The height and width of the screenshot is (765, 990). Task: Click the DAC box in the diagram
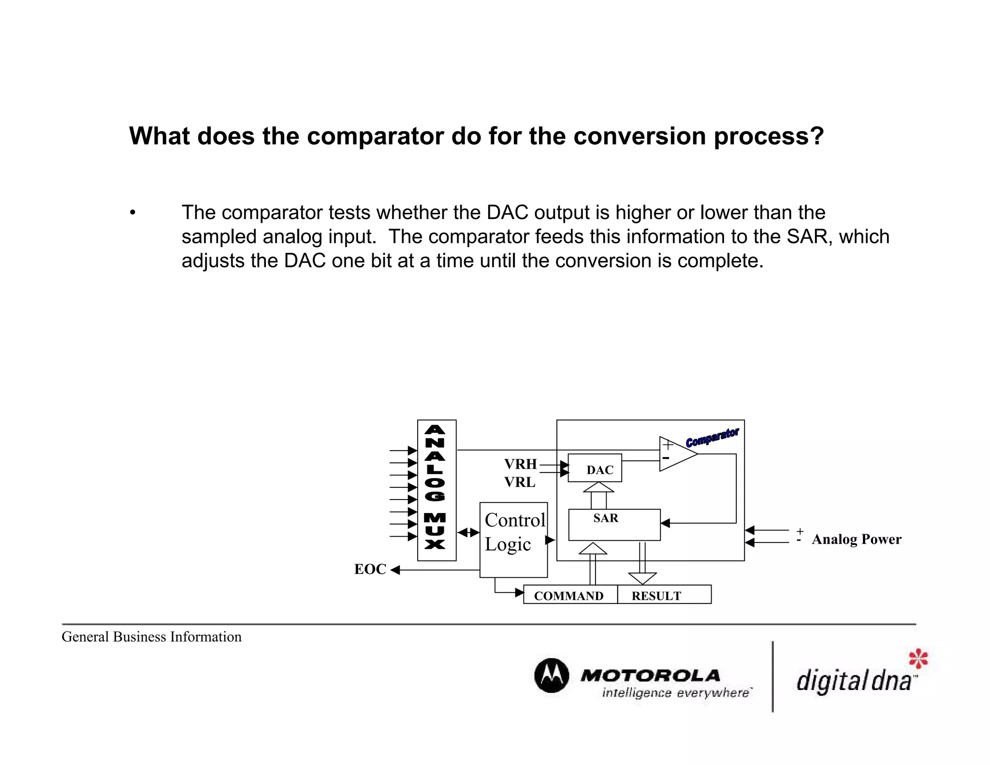coord(595,468)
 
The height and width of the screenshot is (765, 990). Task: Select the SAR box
coord(614,525)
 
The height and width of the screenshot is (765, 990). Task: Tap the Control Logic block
coord(513,539)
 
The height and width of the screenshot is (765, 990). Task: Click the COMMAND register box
coord(570,595)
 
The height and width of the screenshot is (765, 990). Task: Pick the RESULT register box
coord(664,595)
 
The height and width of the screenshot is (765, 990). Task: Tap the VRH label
coord(520,464)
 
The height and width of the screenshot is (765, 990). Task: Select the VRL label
coord(520,482)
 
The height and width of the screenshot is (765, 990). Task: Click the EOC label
coord(370,569)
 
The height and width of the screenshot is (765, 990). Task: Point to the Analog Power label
coord(856,539)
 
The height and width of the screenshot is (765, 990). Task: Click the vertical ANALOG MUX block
coord(437,490)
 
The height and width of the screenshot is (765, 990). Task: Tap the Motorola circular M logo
coord(552,676)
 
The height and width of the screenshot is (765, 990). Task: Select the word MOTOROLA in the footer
coord(650,675)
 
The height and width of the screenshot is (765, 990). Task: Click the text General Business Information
coord(151,637)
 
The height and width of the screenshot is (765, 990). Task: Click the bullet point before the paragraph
coord(132,213)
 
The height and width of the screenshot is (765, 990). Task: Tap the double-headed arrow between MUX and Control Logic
coord(468,532)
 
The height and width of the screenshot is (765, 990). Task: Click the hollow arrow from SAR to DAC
coord(598,495)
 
